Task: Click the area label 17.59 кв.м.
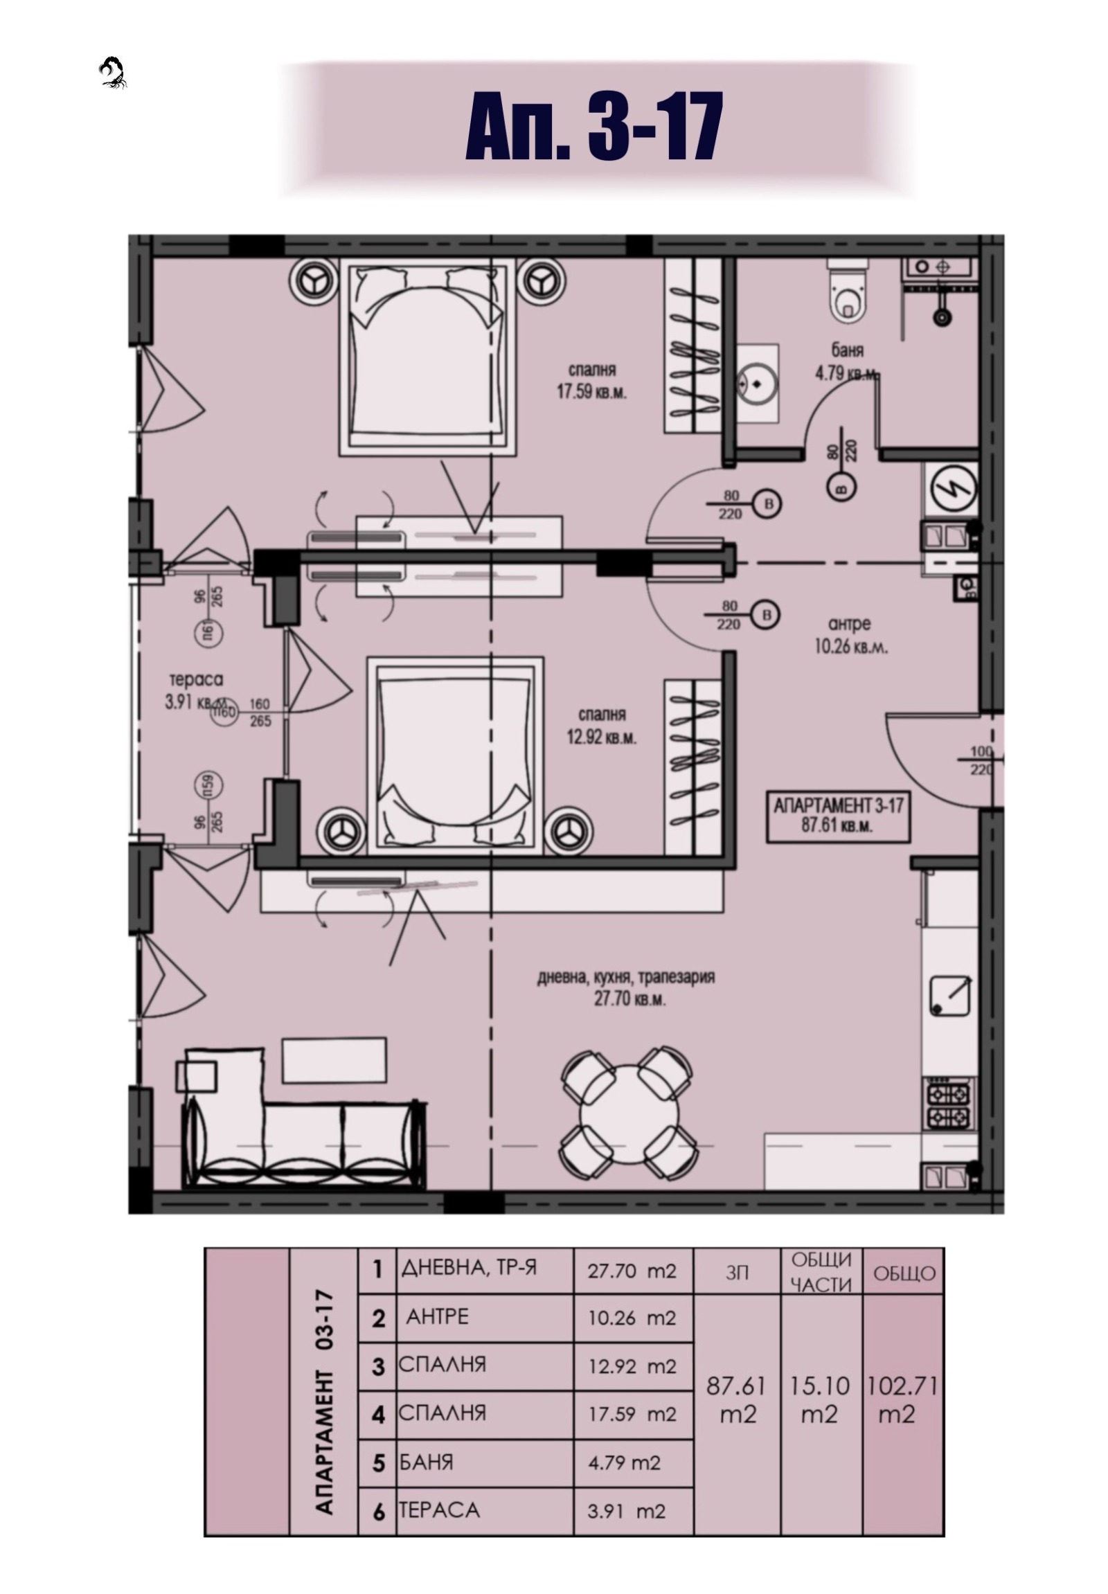[591, 392]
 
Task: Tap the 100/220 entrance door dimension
[981, 761]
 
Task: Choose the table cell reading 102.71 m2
[902, 1399]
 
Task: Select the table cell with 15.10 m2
[821, 1399]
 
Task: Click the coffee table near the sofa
[334, 1059]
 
